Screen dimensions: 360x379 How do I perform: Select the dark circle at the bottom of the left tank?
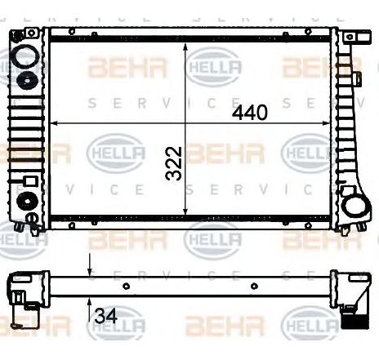(26, 202)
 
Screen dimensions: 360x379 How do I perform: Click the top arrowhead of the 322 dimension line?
(189, 42)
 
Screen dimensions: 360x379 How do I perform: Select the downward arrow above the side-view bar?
(89, 267)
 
